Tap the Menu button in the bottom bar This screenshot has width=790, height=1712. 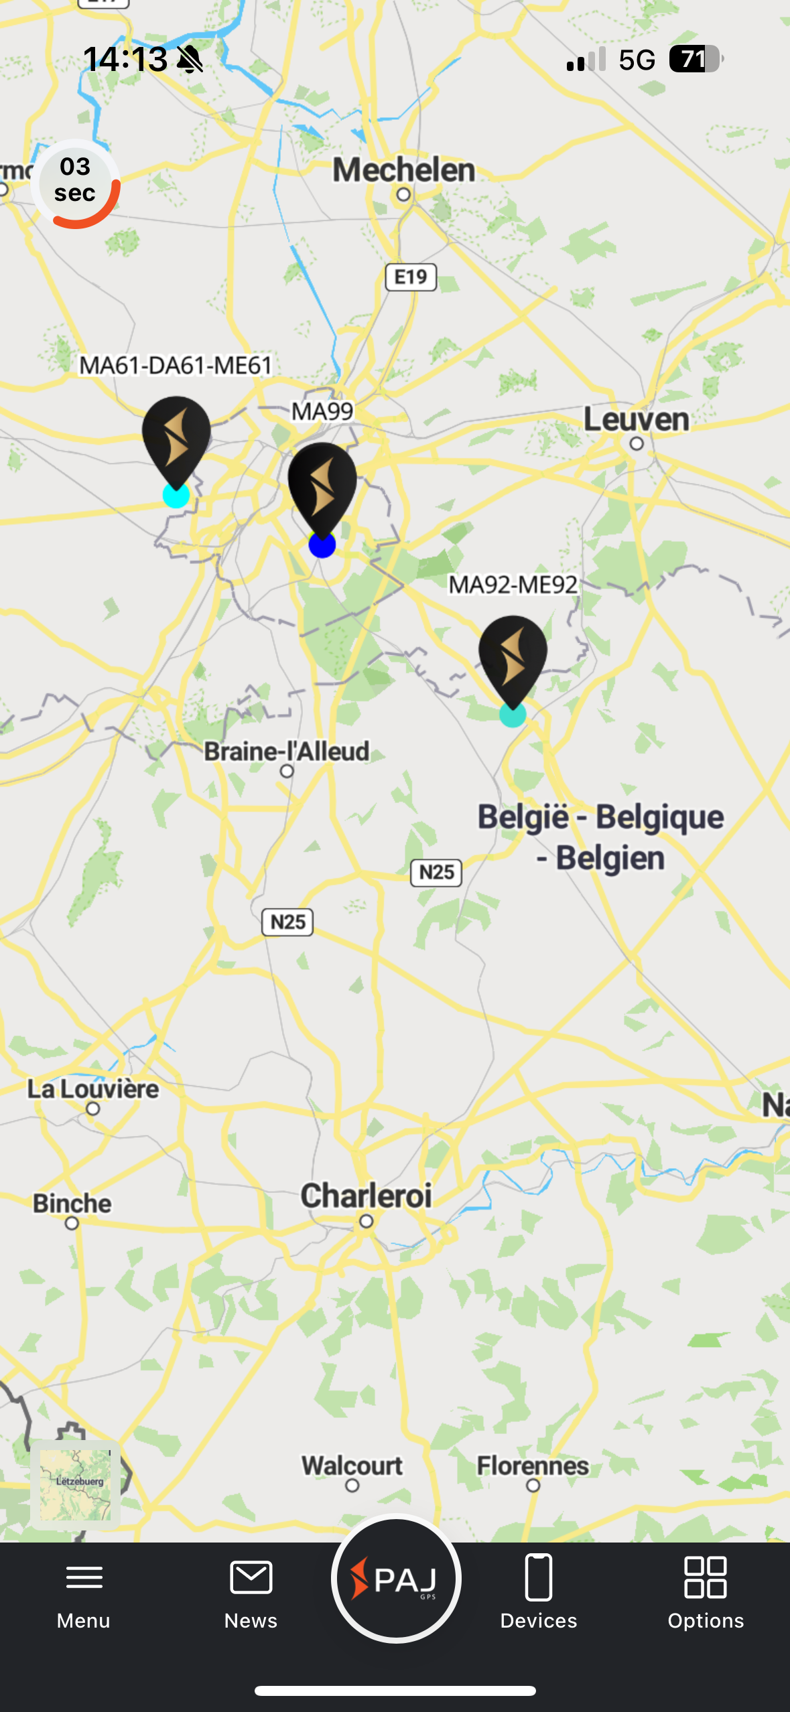(x=84, y=1592)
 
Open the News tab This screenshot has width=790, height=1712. (x=251, y=1592)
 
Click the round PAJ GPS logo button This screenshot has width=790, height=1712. (x=396, y=1579)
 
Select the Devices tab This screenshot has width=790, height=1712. (x=539, y=1592)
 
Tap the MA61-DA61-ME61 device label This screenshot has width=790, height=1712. (x=176, y=366)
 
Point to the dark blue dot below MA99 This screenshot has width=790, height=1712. (x=322, y=545)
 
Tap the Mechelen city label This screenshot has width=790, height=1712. (x=404, y=170)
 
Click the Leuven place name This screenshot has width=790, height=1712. (x=636, y=420)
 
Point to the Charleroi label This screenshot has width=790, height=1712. (x=366, y=1196)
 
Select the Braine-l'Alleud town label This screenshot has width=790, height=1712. (x=287, y=752)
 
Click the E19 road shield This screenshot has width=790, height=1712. (x=411, y=277)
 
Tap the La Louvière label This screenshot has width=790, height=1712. (x=93, y=1089)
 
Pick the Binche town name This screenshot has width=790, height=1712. (x=72, y=1204)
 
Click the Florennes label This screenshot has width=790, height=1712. (x=533, y=1466)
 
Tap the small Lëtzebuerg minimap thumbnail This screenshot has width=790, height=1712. (x=76, y=1484)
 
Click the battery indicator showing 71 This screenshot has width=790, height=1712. (x=696, y=59)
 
